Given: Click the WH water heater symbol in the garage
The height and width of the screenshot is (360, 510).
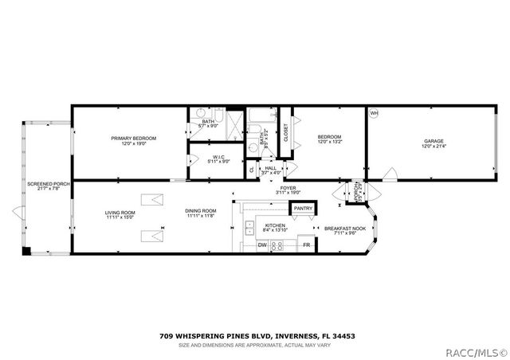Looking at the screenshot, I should tap(374, 114).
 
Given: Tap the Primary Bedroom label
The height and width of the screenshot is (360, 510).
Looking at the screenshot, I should tap(133, 138).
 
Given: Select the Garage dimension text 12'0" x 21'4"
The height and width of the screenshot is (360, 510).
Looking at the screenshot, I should tap(433, 147).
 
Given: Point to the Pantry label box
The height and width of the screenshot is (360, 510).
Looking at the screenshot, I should tap(303, 209).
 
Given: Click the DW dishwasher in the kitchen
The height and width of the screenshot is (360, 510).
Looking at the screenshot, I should tap(262, 245).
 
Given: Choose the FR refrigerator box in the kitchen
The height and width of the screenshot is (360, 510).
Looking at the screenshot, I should tap(306, 245).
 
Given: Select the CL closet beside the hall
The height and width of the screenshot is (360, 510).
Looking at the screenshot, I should tap(252, 169).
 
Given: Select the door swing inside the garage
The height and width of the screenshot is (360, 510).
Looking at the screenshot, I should tap(388, 175).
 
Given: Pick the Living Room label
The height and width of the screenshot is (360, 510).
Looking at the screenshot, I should tap(120, 212).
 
